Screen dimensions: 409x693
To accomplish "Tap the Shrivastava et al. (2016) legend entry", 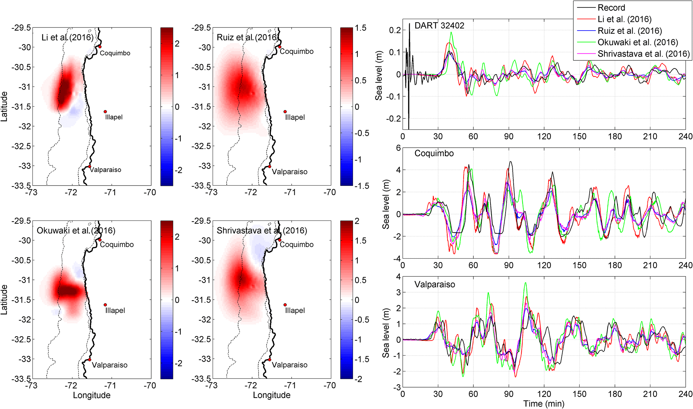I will [643, 54].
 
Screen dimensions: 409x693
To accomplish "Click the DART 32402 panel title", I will [439, 25].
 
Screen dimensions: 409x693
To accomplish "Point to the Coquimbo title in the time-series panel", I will [434, 153].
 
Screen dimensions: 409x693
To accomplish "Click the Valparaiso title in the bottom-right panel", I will [435, 285].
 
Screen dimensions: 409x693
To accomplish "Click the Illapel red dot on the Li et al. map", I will [105, 112].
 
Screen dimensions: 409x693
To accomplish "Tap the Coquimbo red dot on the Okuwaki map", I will [100, 240].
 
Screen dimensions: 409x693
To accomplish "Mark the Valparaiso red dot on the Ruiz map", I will [270, 166].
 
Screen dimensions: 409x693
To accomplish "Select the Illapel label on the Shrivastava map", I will [295, 310].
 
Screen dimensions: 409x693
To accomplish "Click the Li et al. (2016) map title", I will [67, 37].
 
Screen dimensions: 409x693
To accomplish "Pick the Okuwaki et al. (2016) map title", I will [76, 231].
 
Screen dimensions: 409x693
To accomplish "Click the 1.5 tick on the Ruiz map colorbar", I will [361, 28].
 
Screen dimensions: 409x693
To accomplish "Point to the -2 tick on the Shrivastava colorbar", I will [358, 379].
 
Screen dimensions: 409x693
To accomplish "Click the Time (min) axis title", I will [543, 404].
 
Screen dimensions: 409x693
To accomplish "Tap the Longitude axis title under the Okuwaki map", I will [92, 395].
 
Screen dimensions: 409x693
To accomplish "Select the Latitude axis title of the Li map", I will [4, 106].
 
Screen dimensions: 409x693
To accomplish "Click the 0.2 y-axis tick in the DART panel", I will [395, 30].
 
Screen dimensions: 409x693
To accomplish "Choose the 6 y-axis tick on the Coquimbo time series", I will [398, 148].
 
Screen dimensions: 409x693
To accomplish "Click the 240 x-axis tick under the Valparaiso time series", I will [685, 394].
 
